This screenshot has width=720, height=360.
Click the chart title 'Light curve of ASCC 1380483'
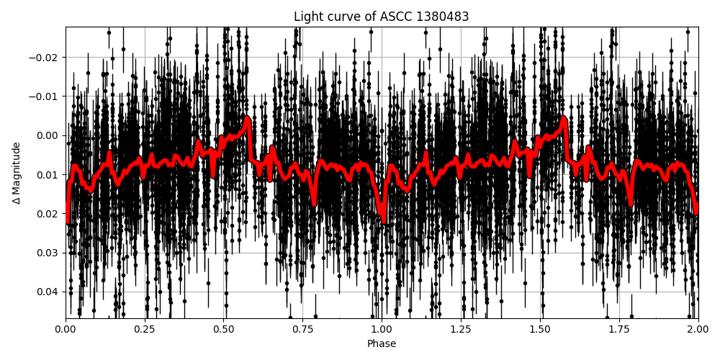coord(382,17)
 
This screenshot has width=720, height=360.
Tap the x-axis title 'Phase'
coord(382,344)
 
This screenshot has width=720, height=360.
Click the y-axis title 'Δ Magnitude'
coord(17,173)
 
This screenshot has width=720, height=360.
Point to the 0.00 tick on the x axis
coord(66,330)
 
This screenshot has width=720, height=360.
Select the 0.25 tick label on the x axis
coord(145,330)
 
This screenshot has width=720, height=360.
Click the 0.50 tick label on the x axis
coord(224,330)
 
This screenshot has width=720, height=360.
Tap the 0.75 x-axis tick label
coord(302,330)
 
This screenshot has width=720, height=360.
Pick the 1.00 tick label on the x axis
coord(382,330)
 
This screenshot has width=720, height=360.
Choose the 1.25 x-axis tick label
coord(461,330)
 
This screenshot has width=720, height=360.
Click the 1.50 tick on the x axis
coord(540,330)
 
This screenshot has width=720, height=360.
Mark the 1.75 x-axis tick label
coord(619,330)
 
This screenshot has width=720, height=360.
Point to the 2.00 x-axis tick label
coord(698,330)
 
